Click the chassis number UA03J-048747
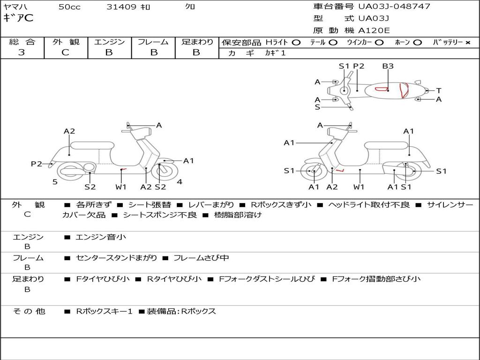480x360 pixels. pyautogui.click(x=394, y=7)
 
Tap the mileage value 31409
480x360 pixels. pyautogui.click(x=121, y=7)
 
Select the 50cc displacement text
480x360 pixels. pyautogui.click(x=69, y=7)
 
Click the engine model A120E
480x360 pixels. pyautogui.click(x=374, y=30)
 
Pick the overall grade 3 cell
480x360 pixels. pyautogui.click(x=22, y=52)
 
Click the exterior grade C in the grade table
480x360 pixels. pyautogui.click(x=65, y=52)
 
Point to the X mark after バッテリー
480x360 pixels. pyautogui.click(x=467, y=42)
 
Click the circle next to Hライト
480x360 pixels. pyautogui.click(x=296, y=42)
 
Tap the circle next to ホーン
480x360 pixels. pyautogui.click(x=417, y=42)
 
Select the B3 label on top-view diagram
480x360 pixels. pyautogui.click(x=388, y=66)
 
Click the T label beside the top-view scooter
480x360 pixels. pyautogui.click(x=438, y=90)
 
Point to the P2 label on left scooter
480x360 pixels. pyautogui.click(x=37, y=164)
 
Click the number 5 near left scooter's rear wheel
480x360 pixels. pyautogui.click(x=55, y=181)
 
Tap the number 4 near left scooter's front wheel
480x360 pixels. pyautogui.click(x=180, y=181)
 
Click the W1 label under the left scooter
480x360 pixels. pyautogui.click(x=121, y=187)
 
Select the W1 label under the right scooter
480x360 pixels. pyautogui.click(x=359, y=187)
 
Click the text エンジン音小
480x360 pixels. pyautogui.click(x=101, y=237)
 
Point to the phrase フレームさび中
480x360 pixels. pyautogui.click(x=201, y=258)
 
